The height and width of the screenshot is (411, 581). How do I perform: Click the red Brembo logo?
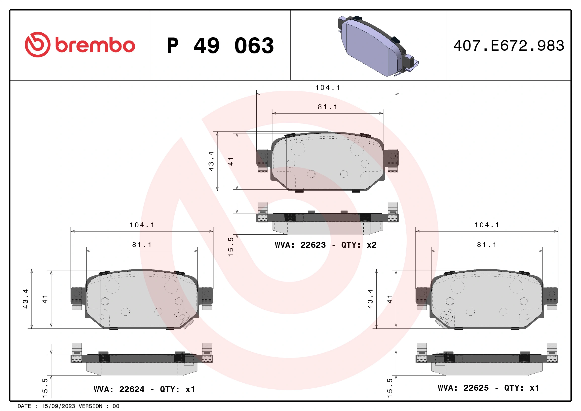click(x=80, y=45)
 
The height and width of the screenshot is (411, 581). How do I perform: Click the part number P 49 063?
click(x=220, y=46)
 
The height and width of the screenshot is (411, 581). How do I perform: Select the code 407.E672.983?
click(x=509, y=46)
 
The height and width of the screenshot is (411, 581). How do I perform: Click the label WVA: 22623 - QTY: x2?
click(x=325, y=245)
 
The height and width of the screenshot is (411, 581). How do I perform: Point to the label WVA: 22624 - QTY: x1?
click(x=144, y=389)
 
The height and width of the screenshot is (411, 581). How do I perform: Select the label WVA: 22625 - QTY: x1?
click(x=488, y=388)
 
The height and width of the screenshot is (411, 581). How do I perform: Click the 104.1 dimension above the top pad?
click(x=328, y=88)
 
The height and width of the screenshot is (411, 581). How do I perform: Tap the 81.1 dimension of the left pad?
click(x=142, y=245)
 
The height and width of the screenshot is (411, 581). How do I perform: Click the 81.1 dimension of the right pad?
click(x=487, y=245)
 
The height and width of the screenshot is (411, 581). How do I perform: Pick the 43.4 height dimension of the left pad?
click(x=26, y=299)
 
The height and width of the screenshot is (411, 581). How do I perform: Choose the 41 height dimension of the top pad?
click(x=231, y=162)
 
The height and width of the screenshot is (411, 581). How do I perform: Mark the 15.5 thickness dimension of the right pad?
click(x=390, y=388)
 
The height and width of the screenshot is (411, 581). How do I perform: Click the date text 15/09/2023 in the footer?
click(x=58, y=406)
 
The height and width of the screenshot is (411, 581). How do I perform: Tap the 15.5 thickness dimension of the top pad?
click(x=231, y=247)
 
